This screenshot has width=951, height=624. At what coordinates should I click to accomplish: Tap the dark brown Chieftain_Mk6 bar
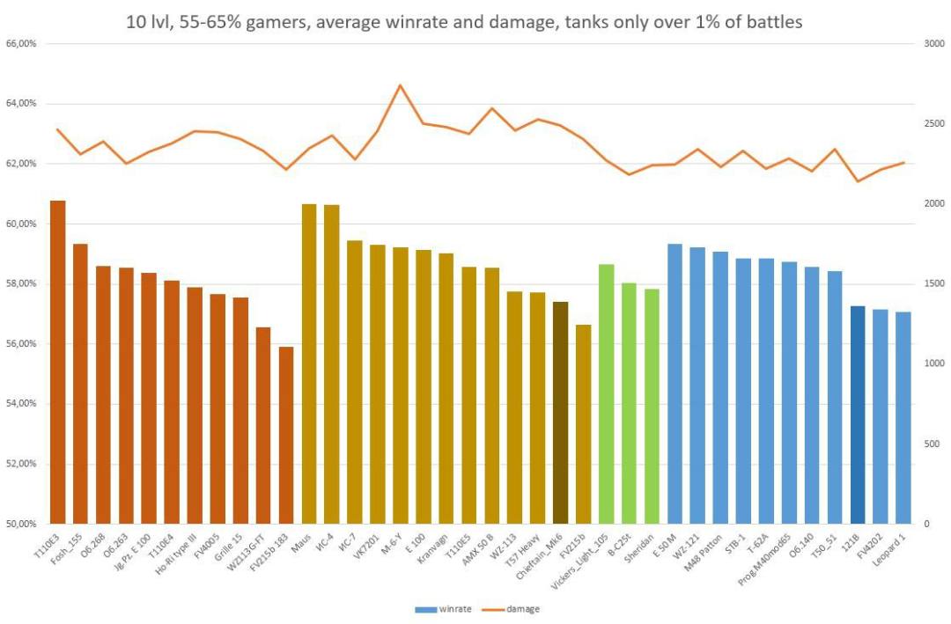(561, 413)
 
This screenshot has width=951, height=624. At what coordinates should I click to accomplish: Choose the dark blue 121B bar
(858, 415)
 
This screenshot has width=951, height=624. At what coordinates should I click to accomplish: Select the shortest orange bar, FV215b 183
(286, 435)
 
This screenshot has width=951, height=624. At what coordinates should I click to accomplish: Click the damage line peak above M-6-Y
(401, 85)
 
